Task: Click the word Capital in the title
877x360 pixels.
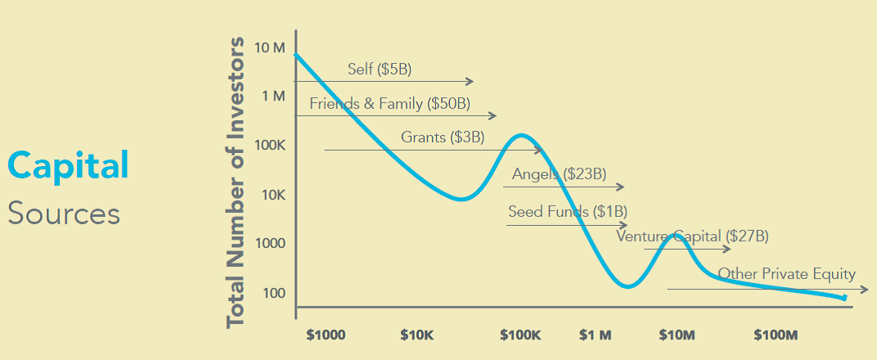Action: [69, 165]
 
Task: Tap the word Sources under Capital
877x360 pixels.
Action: [64, 214]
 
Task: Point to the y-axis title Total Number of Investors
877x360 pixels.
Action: [236, 182]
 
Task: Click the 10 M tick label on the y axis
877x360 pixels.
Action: [269, 47]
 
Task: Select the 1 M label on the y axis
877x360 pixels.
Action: [272, 96]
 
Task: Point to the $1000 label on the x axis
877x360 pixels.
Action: [326, 335]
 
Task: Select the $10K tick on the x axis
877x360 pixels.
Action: [417, 335]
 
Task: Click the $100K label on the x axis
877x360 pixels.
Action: [520, 335]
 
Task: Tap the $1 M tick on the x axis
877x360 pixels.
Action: [595, 335]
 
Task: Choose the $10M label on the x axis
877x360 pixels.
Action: [677, 335]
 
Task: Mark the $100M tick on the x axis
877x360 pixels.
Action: [775, 335]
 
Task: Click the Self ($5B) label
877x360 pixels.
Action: [379, 69]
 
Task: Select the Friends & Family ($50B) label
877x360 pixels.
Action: [389, 104]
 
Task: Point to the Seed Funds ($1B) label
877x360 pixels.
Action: [556, 211]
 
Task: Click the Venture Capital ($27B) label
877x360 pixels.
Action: [693, 236]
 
